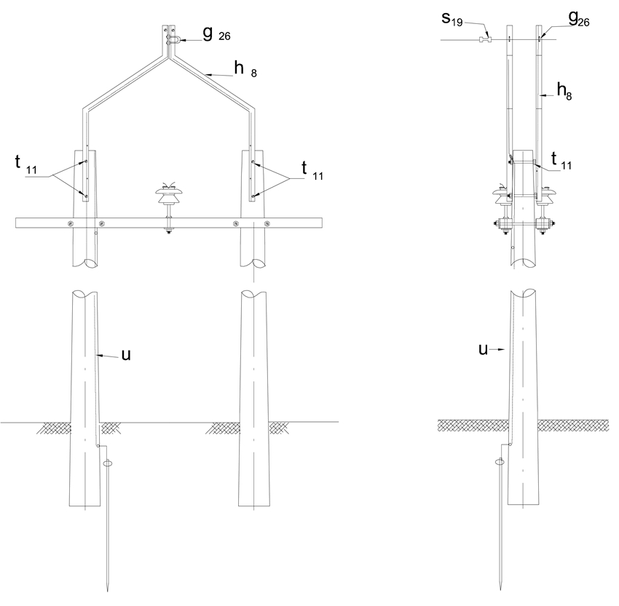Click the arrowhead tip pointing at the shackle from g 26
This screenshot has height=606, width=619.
pos(180,40)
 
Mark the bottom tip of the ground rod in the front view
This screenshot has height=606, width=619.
pos(107,591)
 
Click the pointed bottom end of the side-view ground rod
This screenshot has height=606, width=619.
pos(500,590)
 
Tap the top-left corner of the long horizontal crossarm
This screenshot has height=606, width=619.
pos(16,218)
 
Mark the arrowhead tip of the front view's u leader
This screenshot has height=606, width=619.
pos(97,355)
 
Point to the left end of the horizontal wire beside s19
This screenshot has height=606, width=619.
pos(441,40)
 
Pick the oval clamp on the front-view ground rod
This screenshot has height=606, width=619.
pos(108,463)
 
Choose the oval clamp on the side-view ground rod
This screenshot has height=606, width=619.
pos(500,461)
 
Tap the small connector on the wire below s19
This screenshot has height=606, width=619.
pos(485,39)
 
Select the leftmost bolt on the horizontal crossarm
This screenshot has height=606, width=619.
pos(70,223)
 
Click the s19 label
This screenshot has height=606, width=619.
pos(452,18)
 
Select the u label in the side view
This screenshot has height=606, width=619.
pos(484,349)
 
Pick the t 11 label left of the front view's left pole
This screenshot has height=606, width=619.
pos(25,164)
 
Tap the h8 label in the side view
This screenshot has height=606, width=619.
pos(564,92)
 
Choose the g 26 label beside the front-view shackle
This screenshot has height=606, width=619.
pos(216,33)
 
